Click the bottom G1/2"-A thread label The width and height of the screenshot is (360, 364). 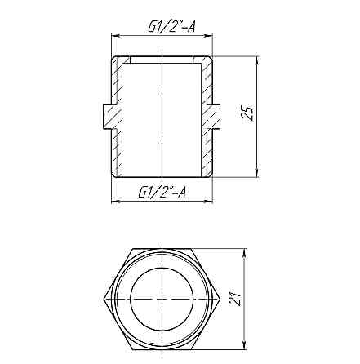pos(162,192)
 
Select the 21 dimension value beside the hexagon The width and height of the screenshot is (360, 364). pos(233,300)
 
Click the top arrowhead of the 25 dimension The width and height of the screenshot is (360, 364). pos(257,60)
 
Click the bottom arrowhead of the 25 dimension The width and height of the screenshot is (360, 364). pos(257,173)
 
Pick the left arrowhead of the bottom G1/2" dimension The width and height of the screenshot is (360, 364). pos(113,201)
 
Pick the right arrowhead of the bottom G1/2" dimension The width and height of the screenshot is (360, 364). pos(213,201)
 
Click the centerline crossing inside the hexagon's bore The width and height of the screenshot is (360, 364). pos(163,300)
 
